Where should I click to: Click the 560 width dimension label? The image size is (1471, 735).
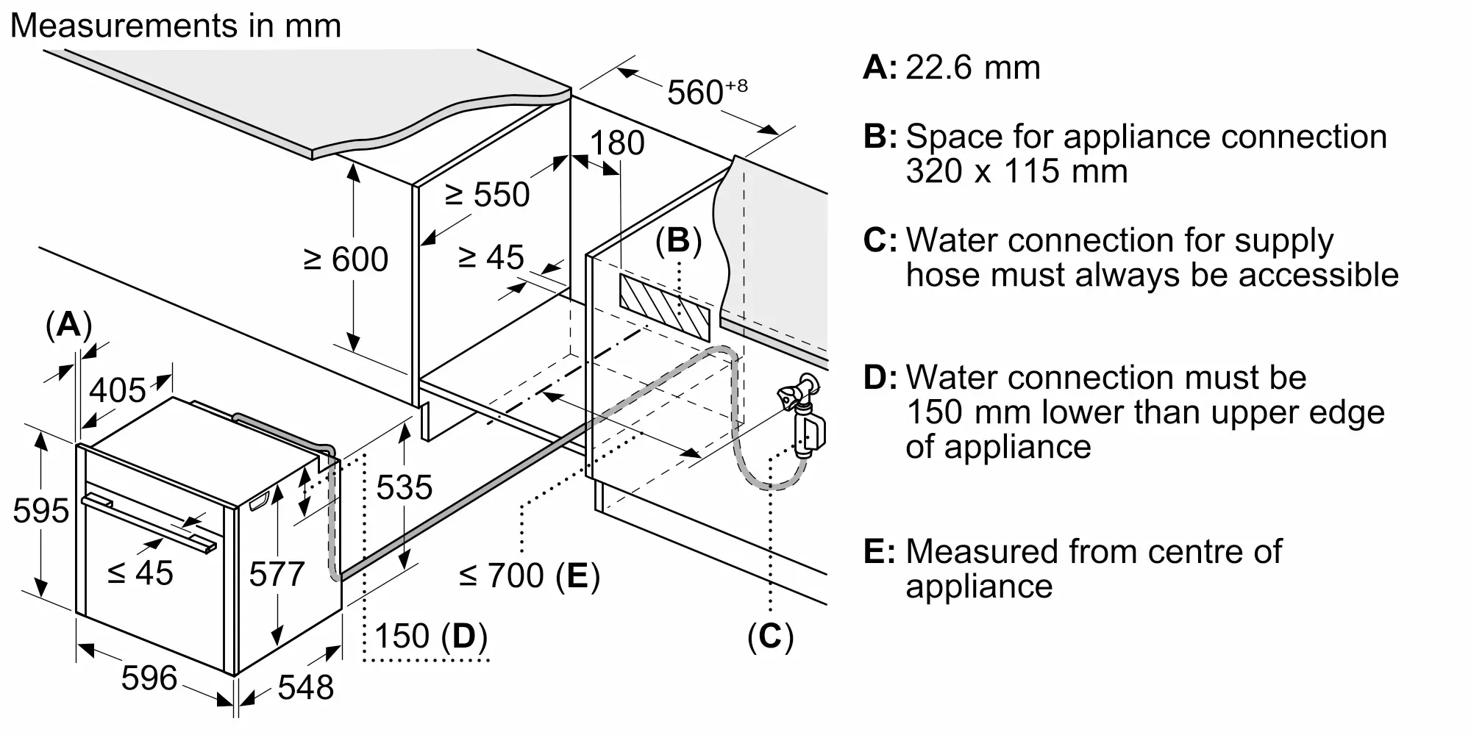coord(707,92)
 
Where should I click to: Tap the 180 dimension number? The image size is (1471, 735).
coord(617,143)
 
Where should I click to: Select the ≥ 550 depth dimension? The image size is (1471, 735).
coord(487,195)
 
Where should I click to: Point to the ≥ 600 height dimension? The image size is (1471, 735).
coord(346,259)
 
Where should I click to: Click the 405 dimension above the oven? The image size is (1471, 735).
coord(118,390)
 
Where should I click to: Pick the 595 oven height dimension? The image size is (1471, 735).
coord(41,511)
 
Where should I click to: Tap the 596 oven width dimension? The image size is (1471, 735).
coord(149,678)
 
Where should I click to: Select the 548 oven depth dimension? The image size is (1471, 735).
coord(306,687)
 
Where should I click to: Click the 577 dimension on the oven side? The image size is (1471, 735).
coord(277,574)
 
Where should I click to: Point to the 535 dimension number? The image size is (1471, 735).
coord(404,487)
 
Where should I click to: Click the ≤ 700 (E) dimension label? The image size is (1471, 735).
coord(530,576)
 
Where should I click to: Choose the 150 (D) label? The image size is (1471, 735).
coord(431,637)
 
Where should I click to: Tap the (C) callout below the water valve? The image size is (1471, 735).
coord(770,637)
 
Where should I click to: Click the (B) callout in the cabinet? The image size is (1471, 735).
coord(678,241)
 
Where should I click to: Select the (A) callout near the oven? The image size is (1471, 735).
coord(69,324)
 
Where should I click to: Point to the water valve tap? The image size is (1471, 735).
coord(802,416)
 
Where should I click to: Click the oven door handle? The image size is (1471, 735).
coord(149,523)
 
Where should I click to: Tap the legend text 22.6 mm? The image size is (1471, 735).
coord(973,68)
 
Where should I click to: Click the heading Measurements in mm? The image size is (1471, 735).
coord(176,26)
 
